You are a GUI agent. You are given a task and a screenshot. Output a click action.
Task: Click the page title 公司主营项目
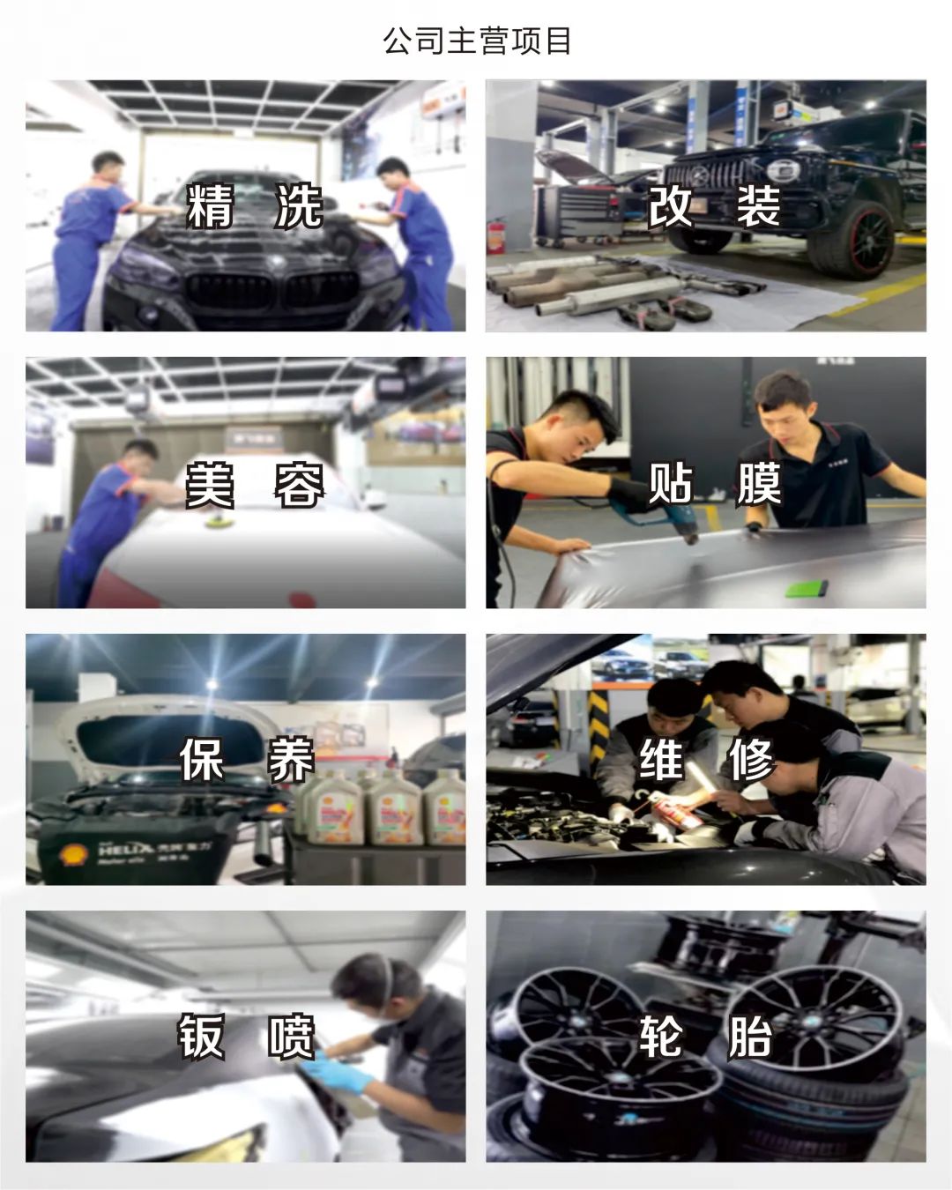(x=476, y=41)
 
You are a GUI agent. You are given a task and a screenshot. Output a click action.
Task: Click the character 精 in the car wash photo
(x=210, y=206)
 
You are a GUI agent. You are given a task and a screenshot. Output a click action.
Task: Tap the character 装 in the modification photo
(x=757, y=205)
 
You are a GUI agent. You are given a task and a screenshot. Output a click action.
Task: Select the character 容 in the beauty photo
(x=300, y=485)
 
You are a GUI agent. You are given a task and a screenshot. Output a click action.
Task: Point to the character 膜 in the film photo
(x=758, y=483)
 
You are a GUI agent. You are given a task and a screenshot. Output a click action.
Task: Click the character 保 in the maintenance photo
(x=201, y=760)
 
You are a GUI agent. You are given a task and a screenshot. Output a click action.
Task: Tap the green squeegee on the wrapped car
(x=806, y=587)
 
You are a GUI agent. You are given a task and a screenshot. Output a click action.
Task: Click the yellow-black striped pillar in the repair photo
(x=598, y=729)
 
